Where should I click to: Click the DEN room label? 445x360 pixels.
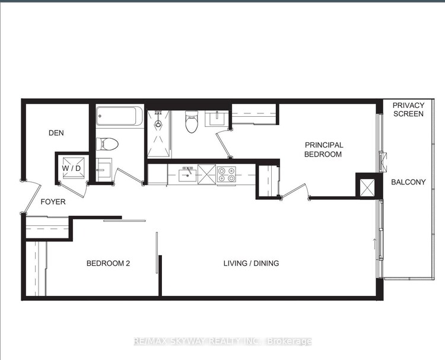tap(56, 133)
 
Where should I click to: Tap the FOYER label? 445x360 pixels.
tap(53, 202)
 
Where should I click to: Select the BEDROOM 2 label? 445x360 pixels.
tap(108, 263)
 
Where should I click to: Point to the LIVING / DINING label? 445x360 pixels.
tap(251, 263)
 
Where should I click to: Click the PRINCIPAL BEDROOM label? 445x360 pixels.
tap(323, 149)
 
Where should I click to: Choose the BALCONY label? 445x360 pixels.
tap(408, 182)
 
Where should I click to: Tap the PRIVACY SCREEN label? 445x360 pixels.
tap(408, 110)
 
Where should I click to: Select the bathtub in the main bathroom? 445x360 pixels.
tap(119, 116)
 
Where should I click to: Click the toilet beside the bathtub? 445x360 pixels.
tap(107, 144)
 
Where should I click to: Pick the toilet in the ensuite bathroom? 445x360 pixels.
tap(192, 122)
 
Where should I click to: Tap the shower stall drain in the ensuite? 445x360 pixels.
tap(158, 124)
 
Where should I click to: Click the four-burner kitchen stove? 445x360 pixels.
tap(226, 174)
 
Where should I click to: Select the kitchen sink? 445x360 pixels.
tap(187, 175)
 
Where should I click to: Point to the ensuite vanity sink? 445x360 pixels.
tap(217, 118)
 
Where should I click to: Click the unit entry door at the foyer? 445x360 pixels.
tap(32, 197)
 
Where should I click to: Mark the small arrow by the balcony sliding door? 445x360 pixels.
tap(374, 243)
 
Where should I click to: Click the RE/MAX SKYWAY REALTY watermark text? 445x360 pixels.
tap(223, 341)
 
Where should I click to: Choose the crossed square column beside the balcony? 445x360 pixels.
tap(367, 187)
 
